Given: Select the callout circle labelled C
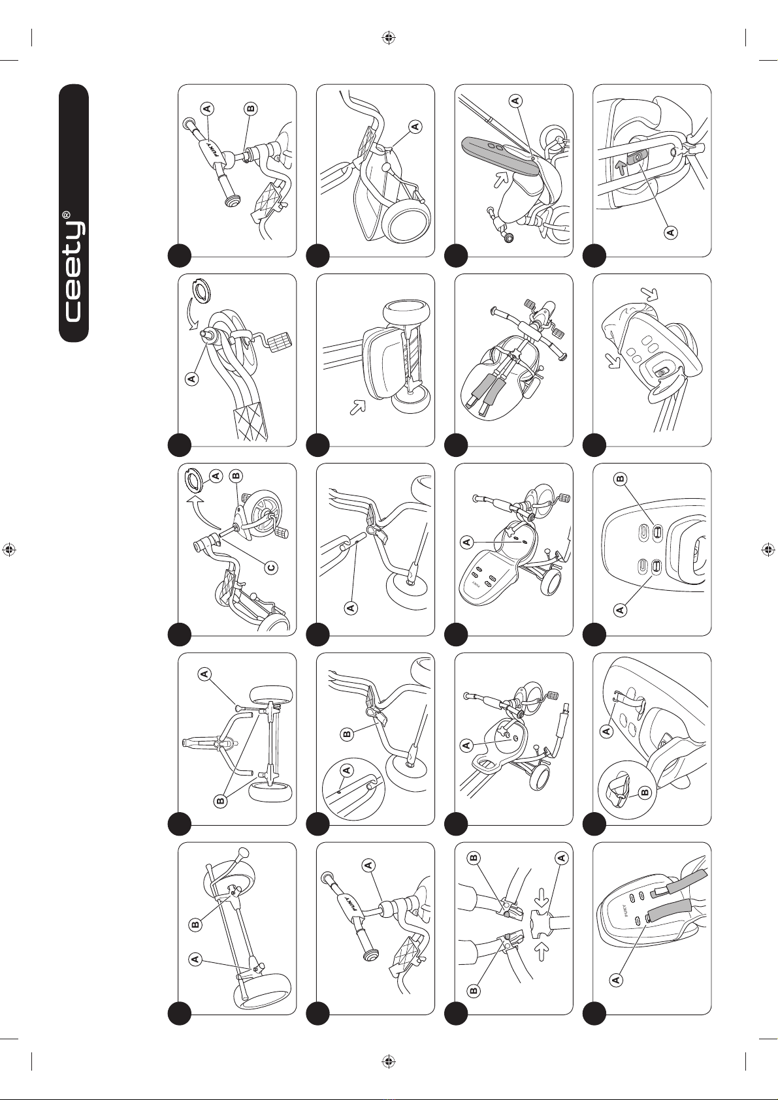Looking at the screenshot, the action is click(x=271, y=568).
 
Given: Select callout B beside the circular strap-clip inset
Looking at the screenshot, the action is click(x=645, y=792).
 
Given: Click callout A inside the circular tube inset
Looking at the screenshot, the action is click(x=347, y=770).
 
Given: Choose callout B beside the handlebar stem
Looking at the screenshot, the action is click(x=251, y=108).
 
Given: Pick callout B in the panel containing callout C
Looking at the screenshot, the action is click(x=236, y=475).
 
